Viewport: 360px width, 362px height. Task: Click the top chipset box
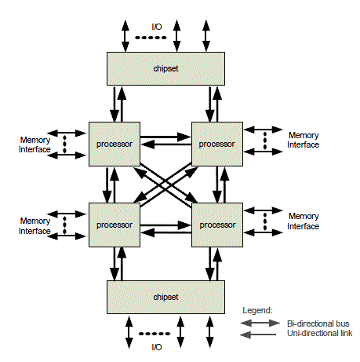tap(165, 68)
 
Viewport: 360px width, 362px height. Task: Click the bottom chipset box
tap(165, 297)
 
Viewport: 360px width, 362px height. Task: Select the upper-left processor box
tap(115, 144)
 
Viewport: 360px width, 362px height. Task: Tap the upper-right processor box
tap(217, 144)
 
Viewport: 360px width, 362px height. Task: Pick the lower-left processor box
tap(115, 225)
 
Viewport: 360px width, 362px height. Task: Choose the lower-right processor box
tap(217, 225)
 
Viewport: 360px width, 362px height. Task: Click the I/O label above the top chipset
tap(157, 27)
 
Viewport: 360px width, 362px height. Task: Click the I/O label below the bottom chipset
tap(157, 347)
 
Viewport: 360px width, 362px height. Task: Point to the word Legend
tap(257, 310)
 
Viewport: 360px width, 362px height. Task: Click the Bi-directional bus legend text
tap(318, 324)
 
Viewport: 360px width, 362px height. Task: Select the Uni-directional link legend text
tap(319, 333)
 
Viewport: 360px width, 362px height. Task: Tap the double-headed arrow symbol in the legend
tap(260, 323)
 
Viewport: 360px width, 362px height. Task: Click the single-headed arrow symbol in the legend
tap(258, 335)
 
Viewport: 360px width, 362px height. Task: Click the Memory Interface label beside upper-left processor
tap(35, 144)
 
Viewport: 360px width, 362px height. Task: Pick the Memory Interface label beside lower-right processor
tap(304, 221)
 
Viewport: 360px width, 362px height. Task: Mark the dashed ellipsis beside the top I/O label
tap(151, 38)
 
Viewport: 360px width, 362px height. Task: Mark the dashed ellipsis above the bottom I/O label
tap(155, 334)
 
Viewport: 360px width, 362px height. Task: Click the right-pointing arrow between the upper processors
tap(165, 137)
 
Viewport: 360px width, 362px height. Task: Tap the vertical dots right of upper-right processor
tap(265, 141)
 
